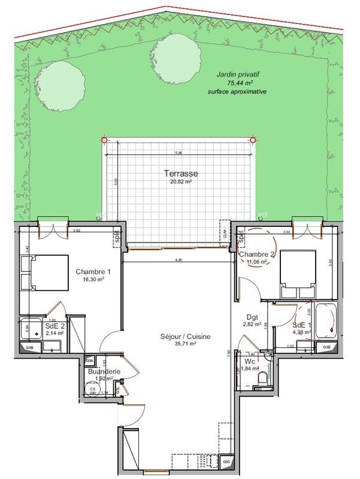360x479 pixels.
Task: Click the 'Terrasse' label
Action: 181,174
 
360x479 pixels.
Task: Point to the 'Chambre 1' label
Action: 93,271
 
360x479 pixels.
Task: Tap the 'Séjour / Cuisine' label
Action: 185,337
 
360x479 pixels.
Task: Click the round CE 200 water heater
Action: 93,390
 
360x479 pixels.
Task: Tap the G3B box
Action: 29,348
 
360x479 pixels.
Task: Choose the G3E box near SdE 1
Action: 326,347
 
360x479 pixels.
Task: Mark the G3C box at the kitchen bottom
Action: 227,462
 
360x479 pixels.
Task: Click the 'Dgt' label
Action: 252,318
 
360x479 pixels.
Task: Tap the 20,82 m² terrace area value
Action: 181,182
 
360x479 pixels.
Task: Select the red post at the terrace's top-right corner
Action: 253,140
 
